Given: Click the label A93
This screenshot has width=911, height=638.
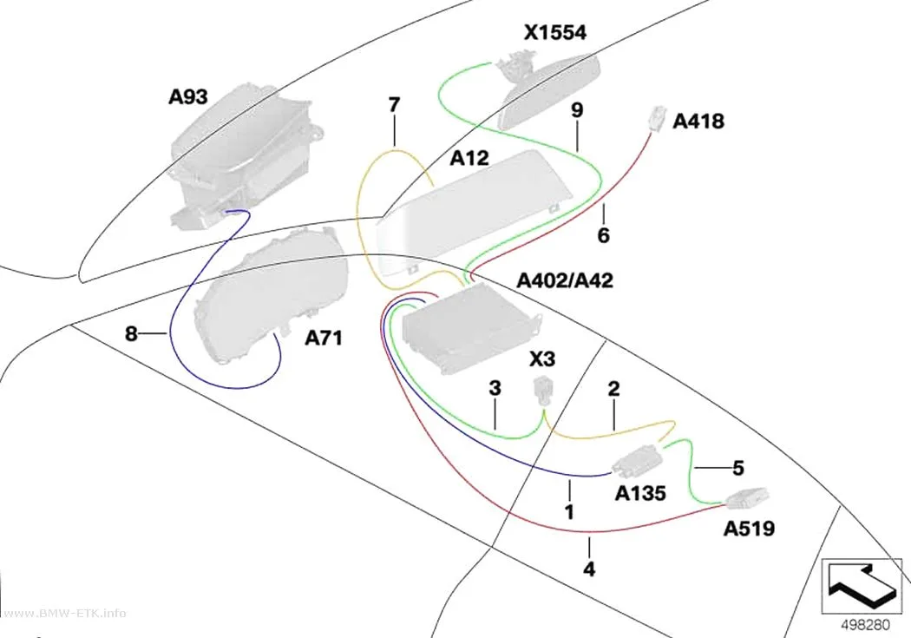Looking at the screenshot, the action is pyautogui.click(x=187, y=96).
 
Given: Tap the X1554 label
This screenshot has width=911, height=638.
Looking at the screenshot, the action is pyautogui.click(x=555, y=32).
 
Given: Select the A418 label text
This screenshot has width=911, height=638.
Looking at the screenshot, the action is pyautogui.click(x=698, y=121).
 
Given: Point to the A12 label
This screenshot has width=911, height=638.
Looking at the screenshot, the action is pyautogui.click(x=469, y=157).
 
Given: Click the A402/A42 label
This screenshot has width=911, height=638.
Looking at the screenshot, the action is pyautogui.click(x=565, y=280).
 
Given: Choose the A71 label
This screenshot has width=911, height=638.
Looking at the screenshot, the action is pyautogui.click(x=324, y=338).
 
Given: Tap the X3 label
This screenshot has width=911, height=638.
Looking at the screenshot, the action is pyautogui.click(x=542, y=359).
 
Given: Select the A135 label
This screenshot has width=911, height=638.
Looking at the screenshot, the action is pyautogui.click(x=640, y=493).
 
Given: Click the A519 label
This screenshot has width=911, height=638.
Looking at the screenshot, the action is pyautogui.click(x=749, y=529).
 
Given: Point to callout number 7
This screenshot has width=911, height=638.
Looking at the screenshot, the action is pyautogui.click(x=394, y=105).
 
